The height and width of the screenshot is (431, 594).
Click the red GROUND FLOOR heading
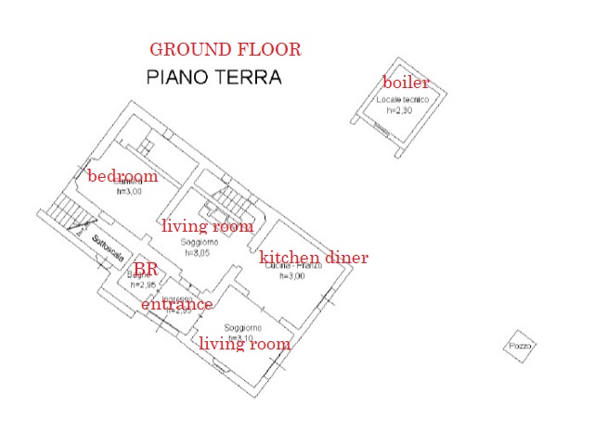pyautogui.click(x=225, y=50)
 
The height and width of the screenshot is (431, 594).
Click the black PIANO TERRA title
pyautogui.click(x=214, y=78)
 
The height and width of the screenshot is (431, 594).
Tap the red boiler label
pyautogui.click(x=406, y=82)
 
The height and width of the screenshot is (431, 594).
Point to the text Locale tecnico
pyautogui.click(x=401, y=100)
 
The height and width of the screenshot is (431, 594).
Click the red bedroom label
pyautogui.click(x=122, y=176)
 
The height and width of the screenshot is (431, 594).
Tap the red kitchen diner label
pyautogui.click(x=313, y=258)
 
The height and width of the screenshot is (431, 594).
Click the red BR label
pyautogui.click(x=146, y=269)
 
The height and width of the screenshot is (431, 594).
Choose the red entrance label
pyautogui.click(x=176, y=304)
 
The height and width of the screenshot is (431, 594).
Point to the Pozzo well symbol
pyautogui.click(x=520, y=347)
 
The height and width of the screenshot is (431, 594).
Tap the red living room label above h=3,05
pyautogui.click(x=207, y=225)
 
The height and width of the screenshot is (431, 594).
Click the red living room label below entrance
pyautogui.click(x=244, y=344)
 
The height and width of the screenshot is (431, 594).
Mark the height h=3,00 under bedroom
pyautogui.click(x=129, y=192)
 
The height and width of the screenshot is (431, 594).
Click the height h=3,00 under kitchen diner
pyautogui.click(x=291, y=276)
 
